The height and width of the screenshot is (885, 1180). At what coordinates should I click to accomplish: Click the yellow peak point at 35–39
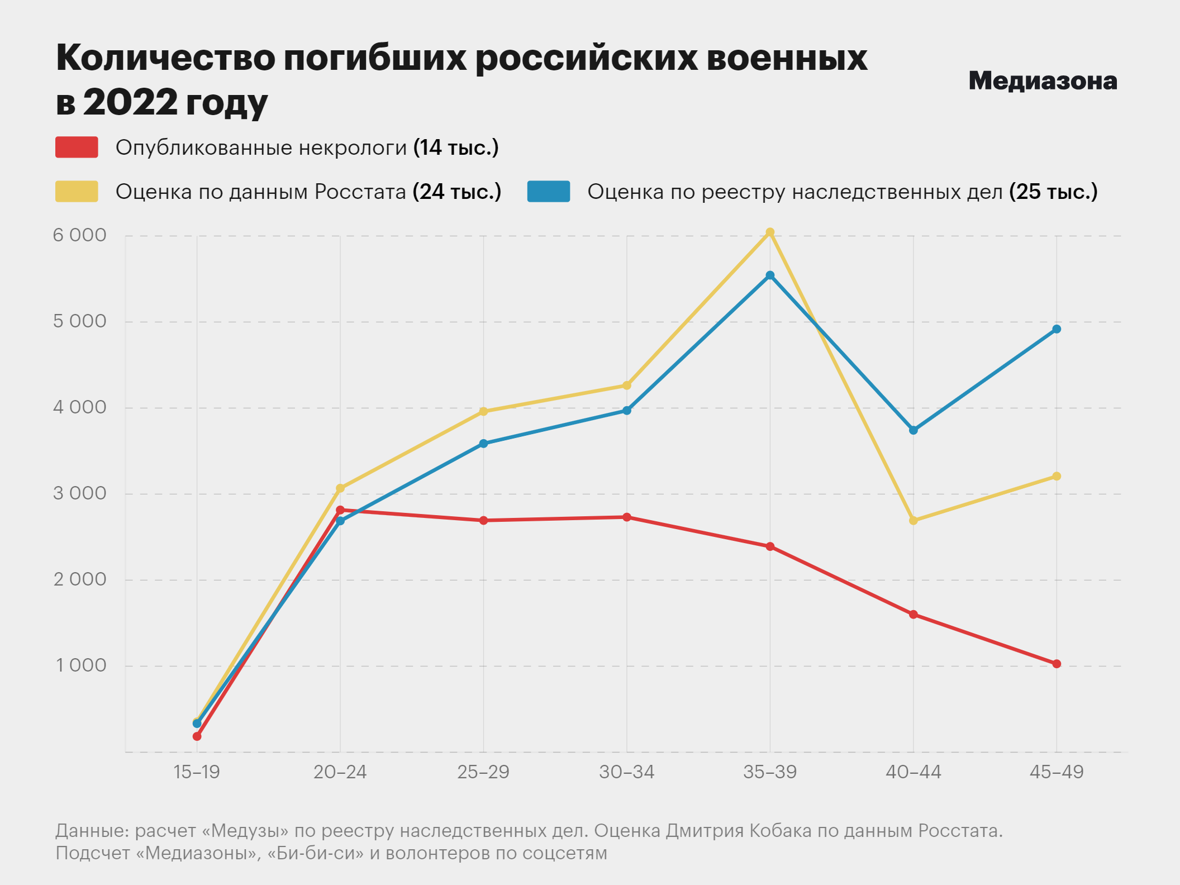pyautogui.click(x=770, y=232)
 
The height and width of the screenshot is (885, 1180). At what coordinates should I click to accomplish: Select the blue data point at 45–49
pyautogui.click(x=1057, y=329)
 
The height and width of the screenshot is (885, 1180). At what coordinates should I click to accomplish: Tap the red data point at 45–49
pyautogui.click(x=1057, y=664)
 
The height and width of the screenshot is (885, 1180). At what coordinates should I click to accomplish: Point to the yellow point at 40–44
pyautogui.click(x=913, y=520)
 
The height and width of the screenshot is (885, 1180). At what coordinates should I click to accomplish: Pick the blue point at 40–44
pyautogui.click(x=913, y=430)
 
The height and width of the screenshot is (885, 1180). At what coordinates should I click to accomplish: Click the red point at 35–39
pyautogui.click(x=770, y=546)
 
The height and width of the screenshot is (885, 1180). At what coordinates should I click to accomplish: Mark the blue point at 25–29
pyautogui.click(x=483, y=444)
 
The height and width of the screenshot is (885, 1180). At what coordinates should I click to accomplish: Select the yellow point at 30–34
pyautogui.click(x=627, y=386)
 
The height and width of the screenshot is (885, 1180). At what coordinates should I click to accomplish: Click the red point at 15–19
pyautogui.click(x=197, y=736)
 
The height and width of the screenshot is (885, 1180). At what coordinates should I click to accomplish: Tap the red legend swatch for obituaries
pyautogui.click(x=77, y=147)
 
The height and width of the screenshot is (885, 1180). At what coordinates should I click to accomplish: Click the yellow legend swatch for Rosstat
pyautogui.click(x=77, y=191)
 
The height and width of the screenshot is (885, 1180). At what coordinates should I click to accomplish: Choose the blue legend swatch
pyautogui.click(x=548, y=191)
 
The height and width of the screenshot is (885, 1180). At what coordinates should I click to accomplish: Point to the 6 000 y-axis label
pyautogui.click(x=79, y=235)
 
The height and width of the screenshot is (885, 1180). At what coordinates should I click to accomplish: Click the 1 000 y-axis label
pyautogui.click(x=80, y=665)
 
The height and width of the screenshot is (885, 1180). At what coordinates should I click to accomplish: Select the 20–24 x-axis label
pyautogui.click(x=340, y=772)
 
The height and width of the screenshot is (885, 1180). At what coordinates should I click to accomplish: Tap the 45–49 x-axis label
pyautogui.click(x=1057, y=772)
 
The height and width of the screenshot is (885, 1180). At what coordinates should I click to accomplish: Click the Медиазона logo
pyautogui.click(x=1043, y=81)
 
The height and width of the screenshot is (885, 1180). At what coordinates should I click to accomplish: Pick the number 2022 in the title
pyautogui.click(x=130, y=102)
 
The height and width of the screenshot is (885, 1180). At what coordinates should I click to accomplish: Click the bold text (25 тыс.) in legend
pyautogui.click(x=1053, y=192)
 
